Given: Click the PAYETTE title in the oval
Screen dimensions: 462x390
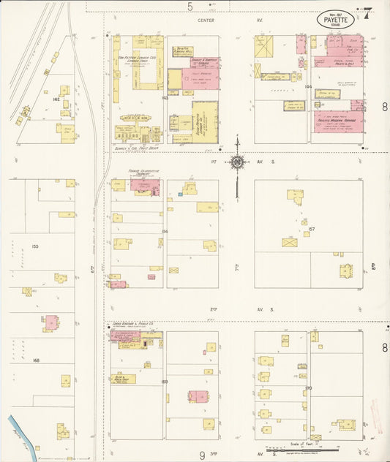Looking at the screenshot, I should coord(336,20).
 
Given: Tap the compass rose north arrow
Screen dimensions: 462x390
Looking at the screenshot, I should coord(238,161).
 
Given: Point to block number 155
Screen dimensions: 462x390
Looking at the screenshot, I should coord(34,246).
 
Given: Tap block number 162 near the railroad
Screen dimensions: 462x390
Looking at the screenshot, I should coord(55,98).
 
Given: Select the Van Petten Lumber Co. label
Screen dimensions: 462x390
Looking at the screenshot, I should coord(133,54).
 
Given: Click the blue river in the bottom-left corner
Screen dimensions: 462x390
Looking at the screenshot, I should coord(18,431).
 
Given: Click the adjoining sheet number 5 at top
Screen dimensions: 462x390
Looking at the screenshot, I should coord(190,6).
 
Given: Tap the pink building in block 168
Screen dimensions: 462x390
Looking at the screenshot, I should coord(51,322).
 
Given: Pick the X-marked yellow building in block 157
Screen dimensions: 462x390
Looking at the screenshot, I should coord(290,242).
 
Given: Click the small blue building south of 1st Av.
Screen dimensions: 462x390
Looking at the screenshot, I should coord(179,195).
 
